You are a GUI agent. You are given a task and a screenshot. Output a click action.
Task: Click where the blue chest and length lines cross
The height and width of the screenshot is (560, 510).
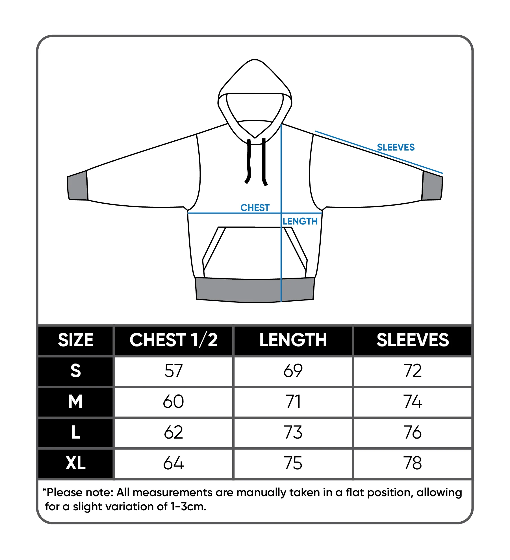tap(281, 213)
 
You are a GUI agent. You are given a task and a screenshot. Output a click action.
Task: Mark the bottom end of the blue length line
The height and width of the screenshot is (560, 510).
tap(281, 302)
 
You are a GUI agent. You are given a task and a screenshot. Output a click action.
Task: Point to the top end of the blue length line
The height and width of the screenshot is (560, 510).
tap(281, 125)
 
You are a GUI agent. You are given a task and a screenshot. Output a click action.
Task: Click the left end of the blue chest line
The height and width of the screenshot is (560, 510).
tap(188, 213)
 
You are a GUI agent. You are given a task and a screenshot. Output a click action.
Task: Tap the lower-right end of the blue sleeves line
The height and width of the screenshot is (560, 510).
tap(443, 173)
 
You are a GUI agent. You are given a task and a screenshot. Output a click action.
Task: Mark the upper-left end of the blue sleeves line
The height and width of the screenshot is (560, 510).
tap(316, 131)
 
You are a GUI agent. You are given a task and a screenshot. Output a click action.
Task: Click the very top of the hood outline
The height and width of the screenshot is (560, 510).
tap(255, 60)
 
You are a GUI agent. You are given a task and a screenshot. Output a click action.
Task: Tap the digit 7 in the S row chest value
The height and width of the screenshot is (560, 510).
tap(178, 371)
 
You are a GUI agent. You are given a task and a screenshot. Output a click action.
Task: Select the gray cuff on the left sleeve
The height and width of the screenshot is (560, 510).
tap(77, 186)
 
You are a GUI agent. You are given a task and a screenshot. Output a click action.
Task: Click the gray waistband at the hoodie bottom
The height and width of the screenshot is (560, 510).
tap(255, 290)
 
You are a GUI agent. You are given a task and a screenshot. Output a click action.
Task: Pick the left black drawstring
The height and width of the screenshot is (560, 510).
tap(248, 161)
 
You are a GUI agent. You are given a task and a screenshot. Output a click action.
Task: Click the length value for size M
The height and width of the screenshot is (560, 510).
tap(293, 402)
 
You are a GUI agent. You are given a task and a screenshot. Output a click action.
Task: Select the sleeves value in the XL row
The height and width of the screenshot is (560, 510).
tap(413, 463)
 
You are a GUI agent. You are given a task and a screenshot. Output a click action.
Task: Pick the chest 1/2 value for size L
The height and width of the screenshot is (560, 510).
tap(173, 432)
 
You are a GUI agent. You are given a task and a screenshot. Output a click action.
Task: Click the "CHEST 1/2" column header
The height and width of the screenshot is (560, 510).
tap(173, 340)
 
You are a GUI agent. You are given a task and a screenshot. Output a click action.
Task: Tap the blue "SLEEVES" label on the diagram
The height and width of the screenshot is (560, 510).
tap(396, 147)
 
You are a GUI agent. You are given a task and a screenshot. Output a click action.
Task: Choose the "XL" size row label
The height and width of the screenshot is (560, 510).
tap(75, 463)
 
